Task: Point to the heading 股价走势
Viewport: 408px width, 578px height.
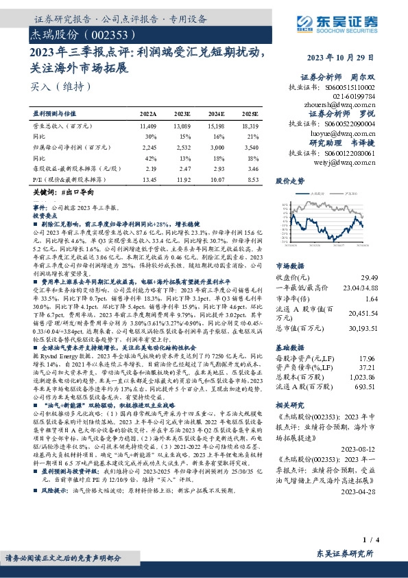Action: (290, 182)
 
